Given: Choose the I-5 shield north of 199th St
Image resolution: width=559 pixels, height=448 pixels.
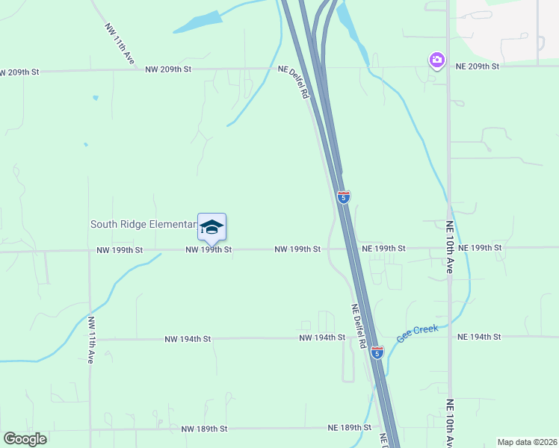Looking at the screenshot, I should (x=343, y=197).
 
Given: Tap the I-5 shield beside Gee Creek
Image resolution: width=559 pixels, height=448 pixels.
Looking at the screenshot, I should (x=377, y=352).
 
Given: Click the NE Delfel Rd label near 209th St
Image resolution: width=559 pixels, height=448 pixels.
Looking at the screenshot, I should (x=294, y=82).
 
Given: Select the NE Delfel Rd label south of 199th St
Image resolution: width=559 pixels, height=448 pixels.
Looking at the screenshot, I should (x=359, y=326).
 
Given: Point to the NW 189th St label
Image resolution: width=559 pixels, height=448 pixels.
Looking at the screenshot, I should (x=204, y=429).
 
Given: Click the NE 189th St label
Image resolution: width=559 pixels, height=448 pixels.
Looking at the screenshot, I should (x=350, y=428).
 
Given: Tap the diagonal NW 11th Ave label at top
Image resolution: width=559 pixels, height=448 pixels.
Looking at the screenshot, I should (x=120, y=43).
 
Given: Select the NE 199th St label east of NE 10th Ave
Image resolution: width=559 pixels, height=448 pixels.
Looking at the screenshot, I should (x=481, y=247).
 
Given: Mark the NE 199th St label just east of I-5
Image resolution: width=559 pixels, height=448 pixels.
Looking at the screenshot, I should (x=383, y=248).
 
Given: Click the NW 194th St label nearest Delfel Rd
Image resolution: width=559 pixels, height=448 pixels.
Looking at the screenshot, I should (x=322, y=337).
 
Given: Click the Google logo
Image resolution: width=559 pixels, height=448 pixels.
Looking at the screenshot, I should (x=25, y=439).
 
